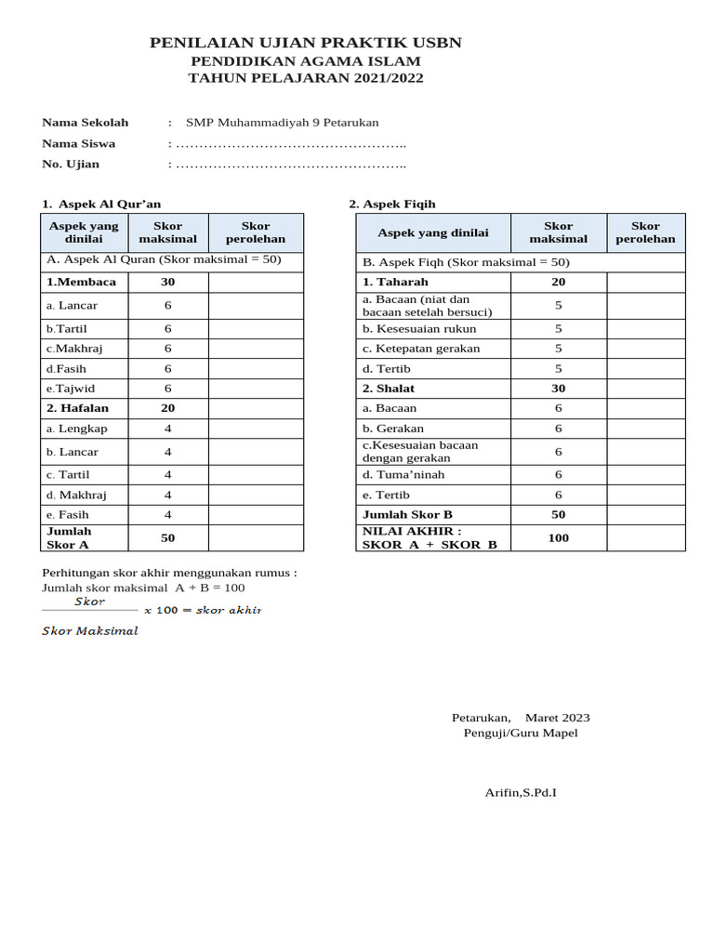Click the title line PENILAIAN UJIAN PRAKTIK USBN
click(305, 43)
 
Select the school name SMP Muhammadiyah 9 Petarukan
click(282, 123)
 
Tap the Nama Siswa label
click(79, 143)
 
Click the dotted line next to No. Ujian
click(290, 165)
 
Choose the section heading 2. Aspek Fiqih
click(391, 204)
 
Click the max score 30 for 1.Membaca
click(168, 282)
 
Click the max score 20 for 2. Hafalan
click(168, 408)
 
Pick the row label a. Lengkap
click(76, 429)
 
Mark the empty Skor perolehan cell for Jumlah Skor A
click(255, 538)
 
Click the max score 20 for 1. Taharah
click(558, 282)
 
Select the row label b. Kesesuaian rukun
click(419, 328)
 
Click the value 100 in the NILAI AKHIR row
click(558, 537)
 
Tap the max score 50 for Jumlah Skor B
click(558, 514)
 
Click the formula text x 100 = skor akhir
click(203, 610)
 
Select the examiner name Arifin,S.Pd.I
click(521, 792)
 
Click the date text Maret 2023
click(557, 718)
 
